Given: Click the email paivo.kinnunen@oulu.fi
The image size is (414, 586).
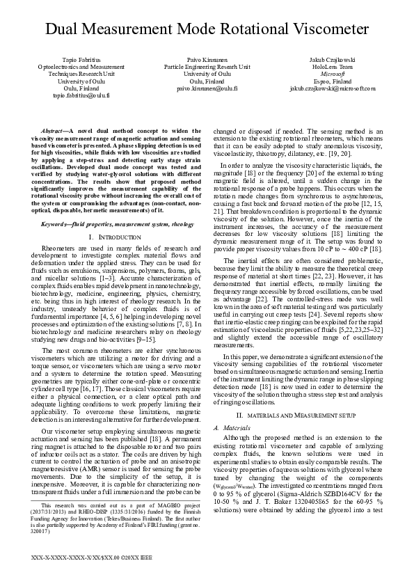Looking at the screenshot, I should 207,89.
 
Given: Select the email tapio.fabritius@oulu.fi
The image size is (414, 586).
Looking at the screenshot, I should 82,95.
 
